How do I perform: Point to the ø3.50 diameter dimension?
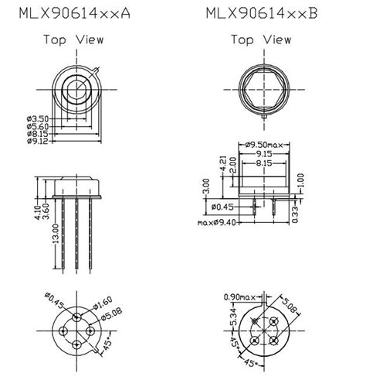point(39,118)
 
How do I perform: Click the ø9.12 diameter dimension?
point(39,141)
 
